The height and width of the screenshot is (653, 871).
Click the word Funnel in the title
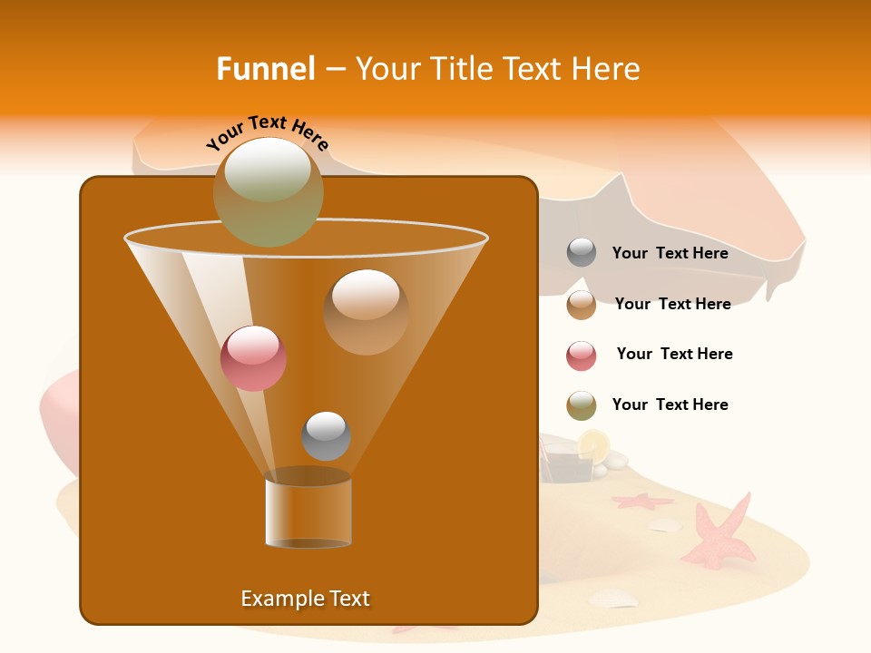pyautogui.click(x=266, y=69)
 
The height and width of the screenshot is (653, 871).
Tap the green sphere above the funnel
pyautogui.click(x=269, y=191)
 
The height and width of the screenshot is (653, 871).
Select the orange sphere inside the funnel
pyautogui.click(x=366, y=311)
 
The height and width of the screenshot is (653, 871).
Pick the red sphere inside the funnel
pyautogui.click(x=254, y=358)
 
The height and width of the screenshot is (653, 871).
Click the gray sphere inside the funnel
pyautogui.click(x=326, y=435)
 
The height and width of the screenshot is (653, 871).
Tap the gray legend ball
pyautogui.click(x=582, y=253)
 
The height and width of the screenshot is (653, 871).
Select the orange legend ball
pyautogui.click(x=582, y=305)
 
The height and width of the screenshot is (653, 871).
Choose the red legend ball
pyautogui.click(x=582, y=356)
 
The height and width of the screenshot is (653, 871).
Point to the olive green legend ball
pyautogui.click(x=582, y=405)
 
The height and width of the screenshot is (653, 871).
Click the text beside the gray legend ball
pyautogui.click(x=670, y=253)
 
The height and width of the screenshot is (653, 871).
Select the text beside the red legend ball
pyautogui.click(x=674, y=354)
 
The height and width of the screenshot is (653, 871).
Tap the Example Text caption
pyautogui.click(x=306, y=599)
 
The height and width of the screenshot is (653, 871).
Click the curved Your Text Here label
pyautogui.click(x=268, y=133)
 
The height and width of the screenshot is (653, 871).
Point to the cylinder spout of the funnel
pyautogui.click(x=308, y=512)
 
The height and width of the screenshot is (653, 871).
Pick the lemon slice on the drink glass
pyautogui.click(x=594, y=443)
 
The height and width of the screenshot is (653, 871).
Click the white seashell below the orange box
pyautogui.click(x=612, y=598)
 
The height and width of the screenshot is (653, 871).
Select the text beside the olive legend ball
pyautogui.click(x=670, y=404)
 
